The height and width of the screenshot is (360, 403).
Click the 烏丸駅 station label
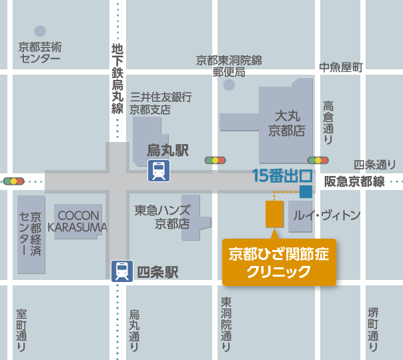tap(167, 150)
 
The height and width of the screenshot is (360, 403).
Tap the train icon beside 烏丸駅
tap(159, 171)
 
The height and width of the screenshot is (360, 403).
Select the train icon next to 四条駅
tap(122, 271)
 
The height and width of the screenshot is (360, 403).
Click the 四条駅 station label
tap(157, 272)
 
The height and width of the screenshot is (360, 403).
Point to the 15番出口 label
tap(282, 177)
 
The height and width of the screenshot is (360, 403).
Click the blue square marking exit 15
tap(306, 192)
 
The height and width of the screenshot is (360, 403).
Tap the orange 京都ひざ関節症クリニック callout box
tap(279, 262)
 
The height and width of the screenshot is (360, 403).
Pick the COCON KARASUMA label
tap(78, 221)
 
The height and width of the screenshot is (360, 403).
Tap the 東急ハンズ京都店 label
tap(163, 217)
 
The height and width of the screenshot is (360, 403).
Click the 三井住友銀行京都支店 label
tap(161, 103)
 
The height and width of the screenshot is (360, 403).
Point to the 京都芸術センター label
tap(40, 53)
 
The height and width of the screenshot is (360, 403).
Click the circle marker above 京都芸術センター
tap(40, 31)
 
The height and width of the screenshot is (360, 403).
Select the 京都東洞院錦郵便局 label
tap(229, 66)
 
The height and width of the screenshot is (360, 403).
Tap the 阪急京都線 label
tap(354, 181)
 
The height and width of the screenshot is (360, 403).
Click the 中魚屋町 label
tap(340, 67)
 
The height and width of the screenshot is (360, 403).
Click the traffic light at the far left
tap(13, 181)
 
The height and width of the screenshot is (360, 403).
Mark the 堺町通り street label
tap(373, 329)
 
